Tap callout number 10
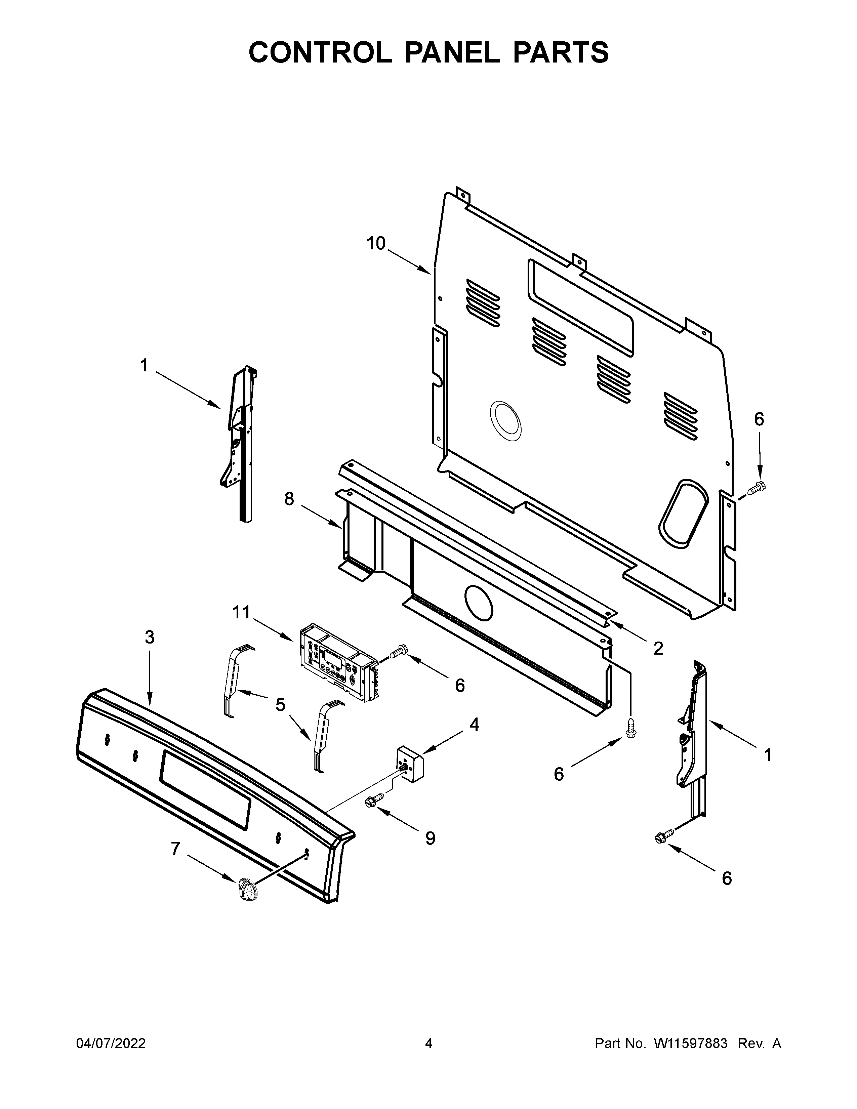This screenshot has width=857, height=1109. coord(376,244)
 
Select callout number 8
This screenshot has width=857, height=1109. coord(289,499)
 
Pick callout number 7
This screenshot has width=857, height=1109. coord(175,849)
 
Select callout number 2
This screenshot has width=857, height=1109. coord(658,649)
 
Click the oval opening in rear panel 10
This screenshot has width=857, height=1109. coord(683,513)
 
